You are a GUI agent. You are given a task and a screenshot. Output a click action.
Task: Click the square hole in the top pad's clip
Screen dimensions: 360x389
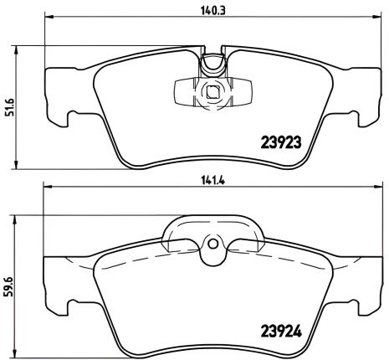[x=212, y=93]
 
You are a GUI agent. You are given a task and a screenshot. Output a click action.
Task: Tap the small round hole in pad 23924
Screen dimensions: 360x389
[x=212, y=244]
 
